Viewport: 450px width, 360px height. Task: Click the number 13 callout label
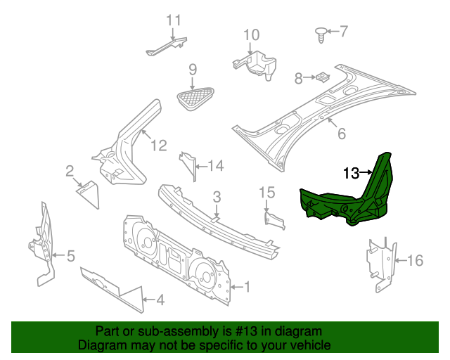pyautogui.click(x=351, y=172)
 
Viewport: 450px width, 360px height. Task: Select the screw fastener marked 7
pyautogui.click(x=321, y=32)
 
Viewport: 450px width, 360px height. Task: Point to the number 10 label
pyautogui.click(x=251, y=34)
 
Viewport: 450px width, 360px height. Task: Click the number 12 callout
pyautogui.click(x=159, y=146)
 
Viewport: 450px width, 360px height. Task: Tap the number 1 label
pyautogui.click(x=247, y=287)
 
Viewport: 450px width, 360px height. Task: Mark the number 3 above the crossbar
pyautogui.click(x=217, y=196)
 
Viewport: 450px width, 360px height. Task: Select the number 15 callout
pyautogui.click(x=266, y=192)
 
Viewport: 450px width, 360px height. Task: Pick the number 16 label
pyautogui.click(x=415, y=261)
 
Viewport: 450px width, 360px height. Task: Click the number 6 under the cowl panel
pyautogui.click(x=342, y=134)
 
